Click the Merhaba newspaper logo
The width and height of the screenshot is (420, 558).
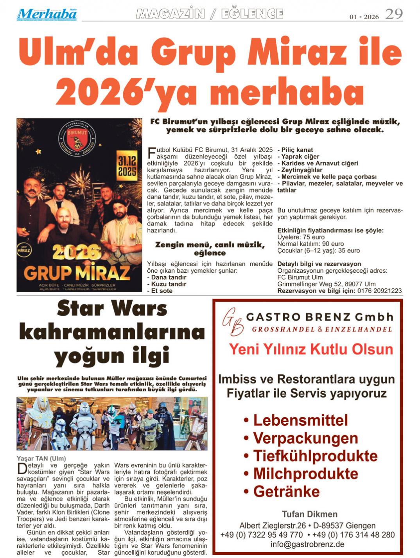tap(47, 14)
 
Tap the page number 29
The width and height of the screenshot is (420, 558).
tap(393, 14)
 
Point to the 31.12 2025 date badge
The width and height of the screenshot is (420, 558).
tap(127, 166)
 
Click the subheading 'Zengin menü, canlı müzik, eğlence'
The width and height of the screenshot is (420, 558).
tap(210, 248)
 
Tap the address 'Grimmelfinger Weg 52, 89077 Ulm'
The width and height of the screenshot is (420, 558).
tap(326, 284)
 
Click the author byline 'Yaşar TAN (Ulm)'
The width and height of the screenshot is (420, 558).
tap(41, 458)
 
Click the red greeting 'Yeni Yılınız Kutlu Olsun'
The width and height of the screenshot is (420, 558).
tap(311, 349)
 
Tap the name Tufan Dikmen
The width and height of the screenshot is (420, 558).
tap(309, 514)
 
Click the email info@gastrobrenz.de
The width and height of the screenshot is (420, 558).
tap(307, 544)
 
